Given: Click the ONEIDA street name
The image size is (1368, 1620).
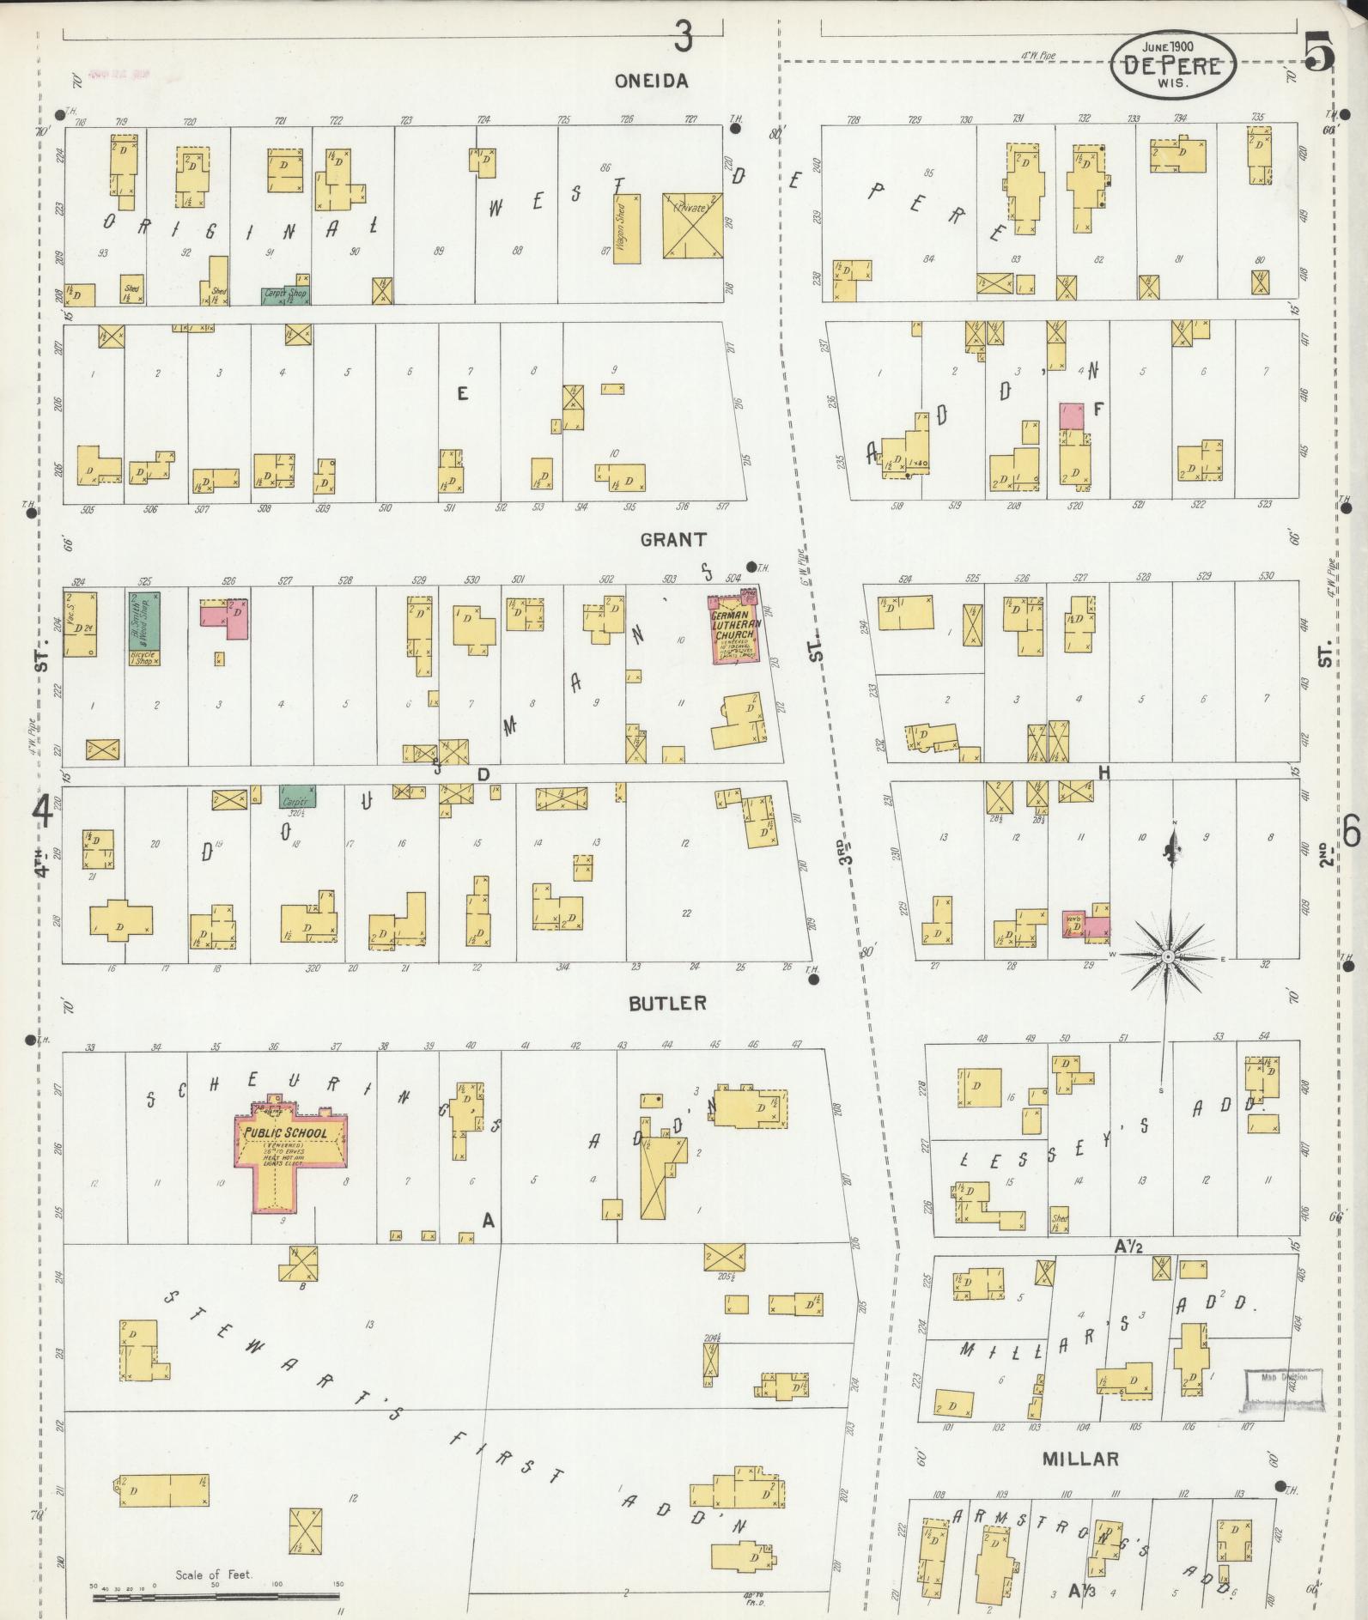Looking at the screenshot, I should coord(651,81).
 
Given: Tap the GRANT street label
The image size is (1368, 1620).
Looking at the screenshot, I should coord(673,539).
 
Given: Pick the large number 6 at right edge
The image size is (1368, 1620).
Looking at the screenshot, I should coord(1351,830).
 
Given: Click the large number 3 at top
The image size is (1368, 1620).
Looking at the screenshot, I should coord(683,37).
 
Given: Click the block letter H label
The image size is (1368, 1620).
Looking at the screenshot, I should coord(1104,774).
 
